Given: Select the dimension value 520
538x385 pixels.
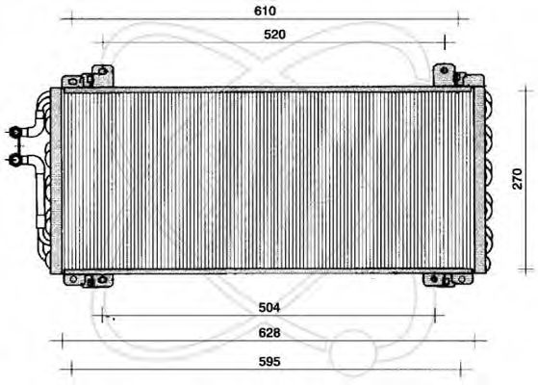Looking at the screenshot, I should coord(275,35).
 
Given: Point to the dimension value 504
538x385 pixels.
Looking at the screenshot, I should coord(270,307).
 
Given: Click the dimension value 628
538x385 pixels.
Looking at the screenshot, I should coord(270,332).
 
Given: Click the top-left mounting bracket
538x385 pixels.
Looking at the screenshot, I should coord(100,74).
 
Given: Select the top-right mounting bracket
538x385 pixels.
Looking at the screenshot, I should coord(444,74).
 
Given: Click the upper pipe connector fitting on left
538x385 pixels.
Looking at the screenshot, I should coord(16,131).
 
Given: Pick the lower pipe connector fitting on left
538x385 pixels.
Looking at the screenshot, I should coord(16,157).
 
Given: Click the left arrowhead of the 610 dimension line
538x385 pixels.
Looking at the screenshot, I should coord(64,18).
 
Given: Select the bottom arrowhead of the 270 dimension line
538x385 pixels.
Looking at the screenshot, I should coord(510,270).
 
